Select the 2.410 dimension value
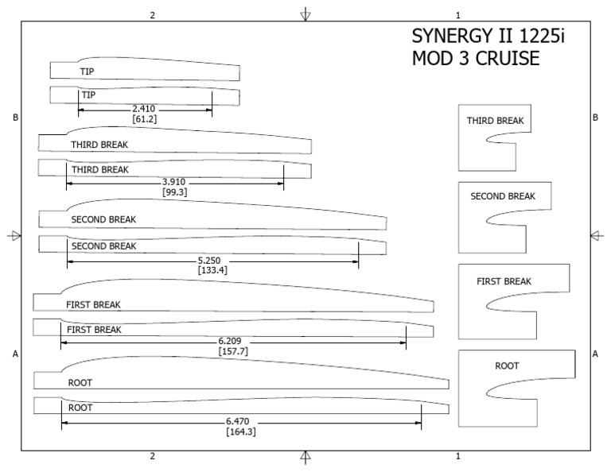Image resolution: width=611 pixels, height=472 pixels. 146,109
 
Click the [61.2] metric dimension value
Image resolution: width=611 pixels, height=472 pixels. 145,119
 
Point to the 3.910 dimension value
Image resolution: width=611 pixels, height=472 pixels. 174,182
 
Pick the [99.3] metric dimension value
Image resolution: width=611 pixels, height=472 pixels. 174,192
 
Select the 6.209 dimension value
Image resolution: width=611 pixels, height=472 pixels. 232,341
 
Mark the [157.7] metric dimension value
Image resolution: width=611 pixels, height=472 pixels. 232,351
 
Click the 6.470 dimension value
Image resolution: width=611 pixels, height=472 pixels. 241,421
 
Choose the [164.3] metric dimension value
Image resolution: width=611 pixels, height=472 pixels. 241,431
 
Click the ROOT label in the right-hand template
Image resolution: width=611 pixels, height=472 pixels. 507,366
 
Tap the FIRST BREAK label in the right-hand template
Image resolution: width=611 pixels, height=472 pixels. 504,281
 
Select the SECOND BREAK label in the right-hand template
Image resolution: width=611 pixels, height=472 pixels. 503,196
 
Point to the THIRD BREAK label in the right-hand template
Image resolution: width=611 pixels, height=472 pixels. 495,121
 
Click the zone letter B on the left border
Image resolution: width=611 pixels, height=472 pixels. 15,118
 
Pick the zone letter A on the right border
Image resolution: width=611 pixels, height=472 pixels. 595,354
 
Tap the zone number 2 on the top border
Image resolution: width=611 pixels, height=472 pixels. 152,15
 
